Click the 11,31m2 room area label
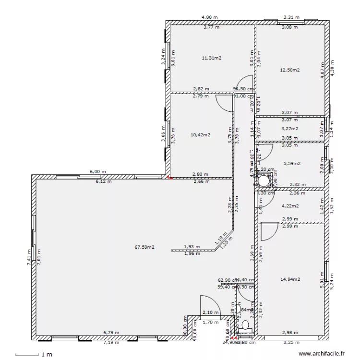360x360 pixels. click(211, 58)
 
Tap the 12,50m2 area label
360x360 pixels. click(289, 70)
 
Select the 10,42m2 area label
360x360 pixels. click(200, 135)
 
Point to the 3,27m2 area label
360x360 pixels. click(289, 129)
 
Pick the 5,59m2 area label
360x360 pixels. click(292, 163)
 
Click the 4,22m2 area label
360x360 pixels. click(289, 206)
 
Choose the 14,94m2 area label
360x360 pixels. click(290, 279)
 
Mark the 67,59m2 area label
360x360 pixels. click(144, 248)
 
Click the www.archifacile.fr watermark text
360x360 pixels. click(322, 353)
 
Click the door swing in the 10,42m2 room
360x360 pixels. click(223, 102)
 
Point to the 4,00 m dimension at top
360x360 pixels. click(210, 17)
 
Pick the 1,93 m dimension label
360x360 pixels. click(192, 246)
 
